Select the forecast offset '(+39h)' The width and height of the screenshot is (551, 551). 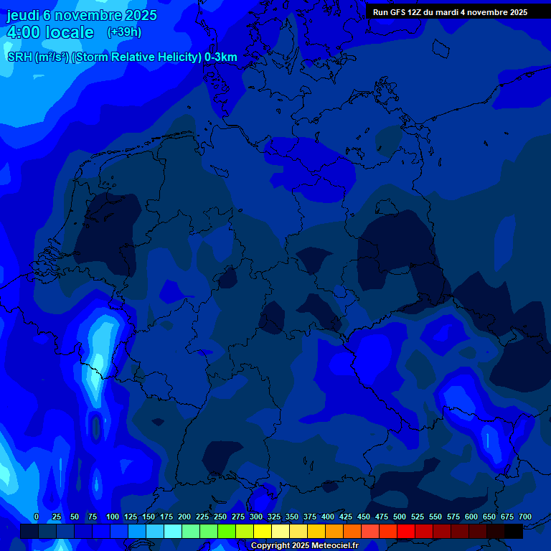124,32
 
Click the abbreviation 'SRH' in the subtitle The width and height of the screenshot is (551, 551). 20,57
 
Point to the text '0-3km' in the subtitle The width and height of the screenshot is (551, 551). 220,57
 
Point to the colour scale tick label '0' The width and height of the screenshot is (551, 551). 37,517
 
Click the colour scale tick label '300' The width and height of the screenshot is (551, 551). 256,517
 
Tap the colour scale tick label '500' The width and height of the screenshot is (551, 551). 400,517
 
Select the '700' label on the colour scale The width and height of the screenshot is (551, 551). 525,517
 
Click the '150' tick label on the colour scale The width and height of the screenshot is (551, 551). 149,517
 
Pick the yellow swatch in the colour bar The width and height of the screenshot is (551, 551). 262,532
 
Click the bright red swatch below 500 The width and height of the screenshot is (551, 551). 405,532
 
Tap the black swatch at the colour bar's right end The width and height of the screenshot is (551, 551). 513,532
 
